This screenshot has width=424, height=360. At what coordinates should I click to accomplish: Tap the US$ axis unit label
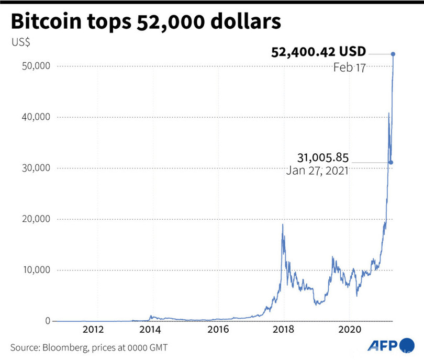[x=21, y=42]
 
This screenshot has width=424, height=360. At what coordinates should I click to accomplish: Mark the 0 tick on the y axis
[x=46, y=321]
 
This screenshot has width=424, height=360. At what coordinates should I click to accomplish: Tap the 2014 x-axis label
[x=151, y=330]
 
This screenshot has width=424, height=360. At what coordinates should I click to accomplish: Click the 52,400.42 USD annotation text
[x=318, y=52]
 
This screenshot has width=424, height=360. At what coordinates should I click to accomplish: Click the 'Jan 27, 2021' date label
[x=318, y=171]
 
